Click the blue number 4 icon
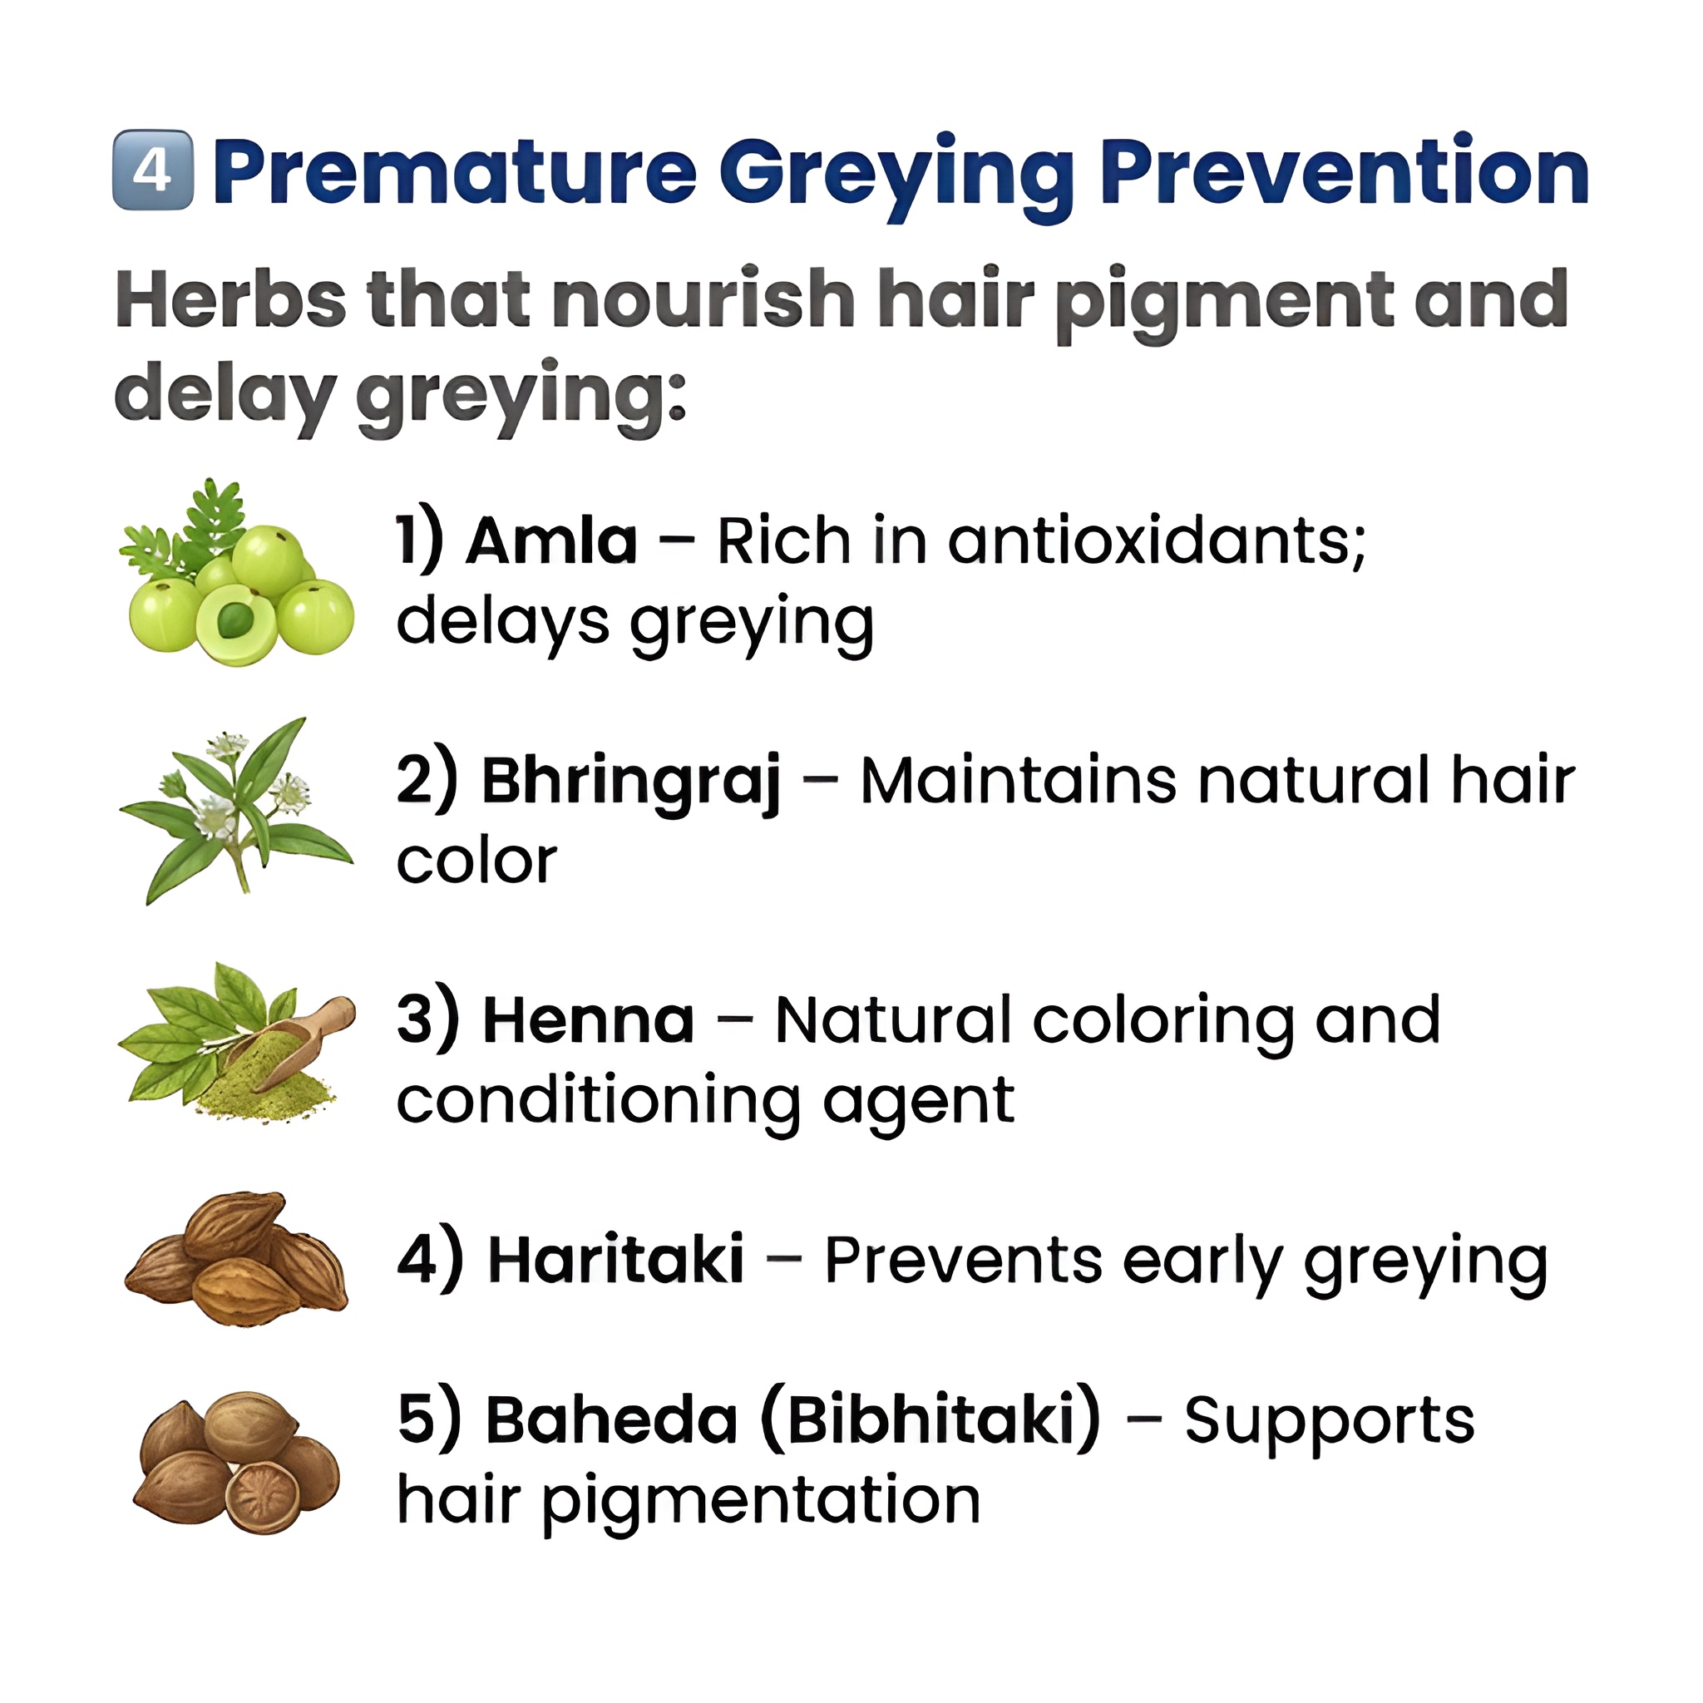[x=152, y=170]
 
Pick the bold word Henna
[x=588, y=1021]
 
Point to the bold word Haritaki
[x=615, y=1261]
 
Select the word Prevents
[x=964, y=1261]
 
